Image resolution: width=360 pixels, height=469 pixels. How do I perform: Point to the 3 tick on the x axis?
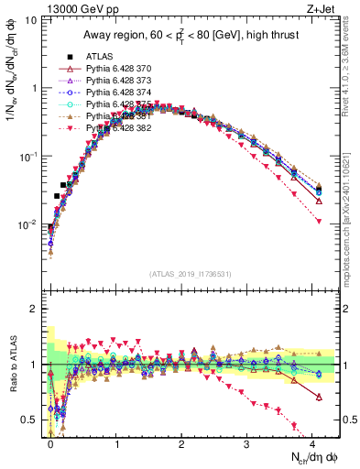point(246,444)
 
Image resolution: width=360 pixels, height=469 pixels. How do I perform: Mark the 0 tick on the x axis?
point(50,444)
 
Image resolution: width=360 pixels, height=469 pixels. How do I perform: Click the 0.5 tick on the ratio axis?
point(34,420)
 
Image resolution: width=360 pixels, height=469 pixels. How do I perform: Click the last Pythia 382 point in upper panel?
point(318,222)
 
